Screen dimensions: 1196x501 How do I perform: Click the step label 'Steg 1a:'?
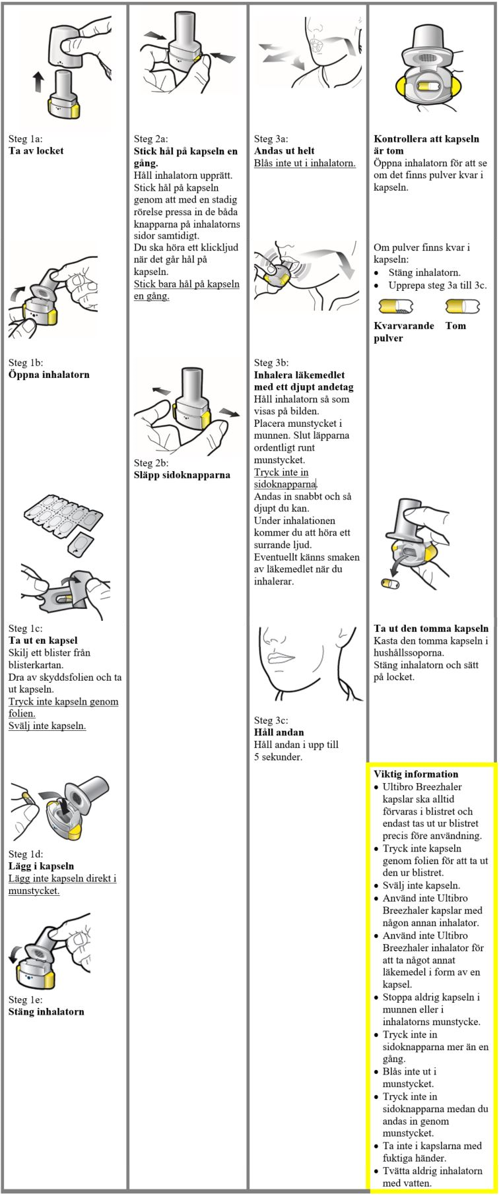click(x=25, y=139)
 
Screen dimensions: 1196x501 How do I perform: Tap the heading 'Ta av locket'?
click(x=36, y=151)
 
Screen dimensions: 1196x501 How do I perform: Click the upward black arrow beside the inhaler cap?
click(x=39, y=83)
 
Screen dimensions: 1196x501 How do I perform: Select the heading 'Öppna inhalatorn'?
click(x=49, y=375)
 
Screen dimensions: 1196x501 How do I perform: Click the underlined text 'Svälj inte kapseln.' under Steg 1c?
click(x=47, y=726)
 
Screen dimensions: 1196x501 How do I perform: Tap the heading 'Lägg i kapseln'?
click(x=41, y=866)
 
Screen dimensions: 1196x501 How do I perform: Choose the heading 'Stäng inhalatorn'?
click(x=46, y=1012)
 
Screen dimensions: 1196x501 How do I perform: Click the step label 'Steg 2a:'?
click(x=150, y=139)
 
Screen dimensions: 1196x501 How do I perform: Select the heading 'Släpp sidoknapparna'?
click(x=182, y=475)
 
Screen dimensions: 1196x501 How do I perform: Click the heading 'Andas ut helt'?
click(x=284, y=151)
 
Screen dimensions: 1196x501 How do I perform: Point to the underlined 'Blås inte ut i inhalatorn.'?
click(x=304, y=163)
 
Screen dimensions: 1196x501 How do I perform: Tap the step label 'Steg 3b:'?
click(x=271, y=363)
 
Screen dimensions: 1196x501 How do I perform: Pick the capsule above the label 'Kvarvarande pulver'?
click(x=395, y=307)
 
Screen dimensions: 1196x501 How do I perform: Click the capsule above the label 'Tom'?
click(x=462, y=307)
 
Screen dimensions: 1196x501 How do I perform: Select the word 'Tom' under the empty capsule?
click(x=455, y=326)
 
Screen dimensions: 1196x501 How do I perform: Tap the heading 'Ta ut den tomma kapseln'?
click(x=431, y=629)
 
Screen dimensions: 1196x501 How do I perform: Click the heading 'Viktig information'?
click(x=415, y=774)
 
